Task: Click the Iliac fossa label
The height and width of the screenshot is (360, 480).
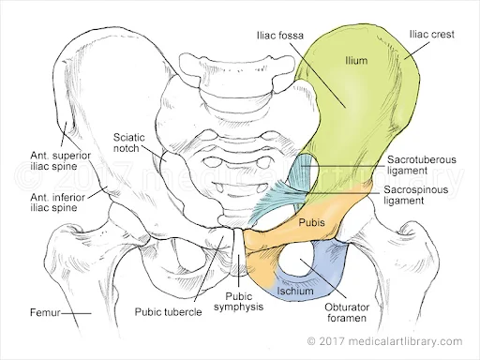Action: pos(280,36)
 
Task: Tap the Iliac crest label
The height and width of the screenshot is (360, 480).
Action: pos(432,34)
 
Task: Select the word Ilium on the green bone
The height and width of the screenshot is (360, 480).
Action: pos(356,60)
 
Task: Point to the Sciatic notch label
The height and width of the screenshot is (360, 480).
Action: pos(128,142)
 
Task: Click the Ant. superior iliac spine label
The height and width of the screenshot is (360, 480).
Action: pos(60,160)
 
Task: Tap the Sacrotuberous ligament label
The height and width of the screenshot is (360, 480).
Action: pos(422,165)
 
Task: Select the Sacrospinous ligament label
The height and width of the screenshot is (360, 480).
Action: pos(415,195)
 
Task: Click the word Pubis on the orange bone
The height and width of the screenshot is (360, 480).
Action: pos(311,222)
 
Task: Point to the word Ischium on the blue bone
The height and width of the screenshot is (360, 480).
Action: pos(295,291)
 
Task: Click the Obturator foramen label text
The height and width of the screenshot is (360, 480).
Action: pos(347,312)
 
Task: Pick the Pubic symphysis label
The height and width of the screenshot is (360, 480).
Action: pos(238,302)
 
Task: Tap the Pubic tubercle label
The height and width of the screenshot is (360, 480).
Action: pos(168,311)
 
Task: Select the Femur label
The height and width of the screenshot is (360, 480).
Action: pos(45,312)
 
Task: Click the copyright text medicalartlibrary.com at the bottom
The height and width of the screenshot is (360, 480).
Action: pos(384,341)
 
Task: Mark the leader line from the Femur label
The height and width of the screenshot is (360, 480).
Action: pos(76,313)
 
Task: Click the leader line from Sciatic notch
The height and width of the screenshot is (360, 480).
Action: pos(153,153)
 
